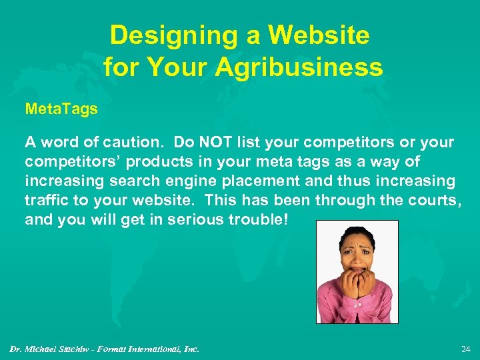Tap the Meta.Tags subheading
click(x=61, y=109)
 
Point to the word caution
click(x=136, y=143)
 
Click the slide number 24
click(x=465, y=348)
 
